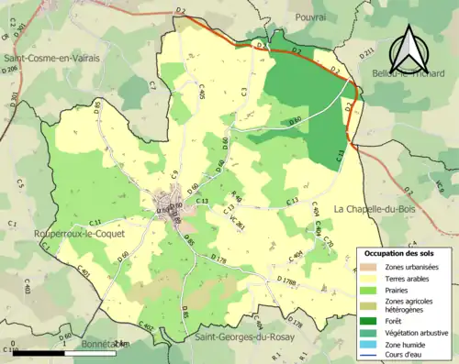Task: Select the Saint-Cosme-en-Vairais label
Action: [x=51, y=57]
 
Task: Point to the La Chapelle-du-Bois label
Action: [x=376, y=208]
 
